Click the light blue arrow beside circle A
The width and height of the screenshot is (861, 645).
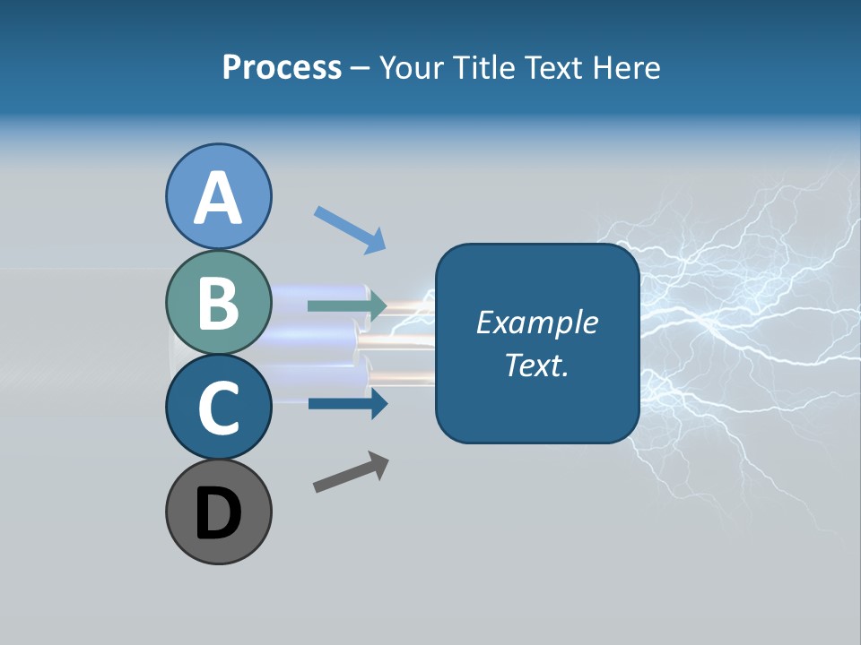coord(350,229)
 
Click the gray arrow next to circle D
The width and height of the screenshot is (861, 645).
coord(351,472)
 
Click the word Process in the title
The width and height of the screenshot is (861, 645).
coord(282,67)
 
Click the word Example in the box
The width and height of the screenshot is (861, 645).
coord(536,322)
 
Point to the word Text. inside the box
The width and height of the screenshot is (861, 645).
coord(536,365)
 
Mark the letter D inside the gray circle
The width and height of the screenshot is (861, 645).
coord(219,513)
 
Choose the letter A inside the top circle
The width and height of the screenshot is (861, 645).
coord(219,198)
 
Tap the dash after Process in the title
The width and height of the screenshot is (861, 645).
coord(361,69)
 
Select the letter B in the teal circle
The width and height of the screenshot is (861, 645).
coord(219,303)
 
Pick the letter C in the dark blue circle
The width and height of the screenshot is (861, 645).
coord(219,408)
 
